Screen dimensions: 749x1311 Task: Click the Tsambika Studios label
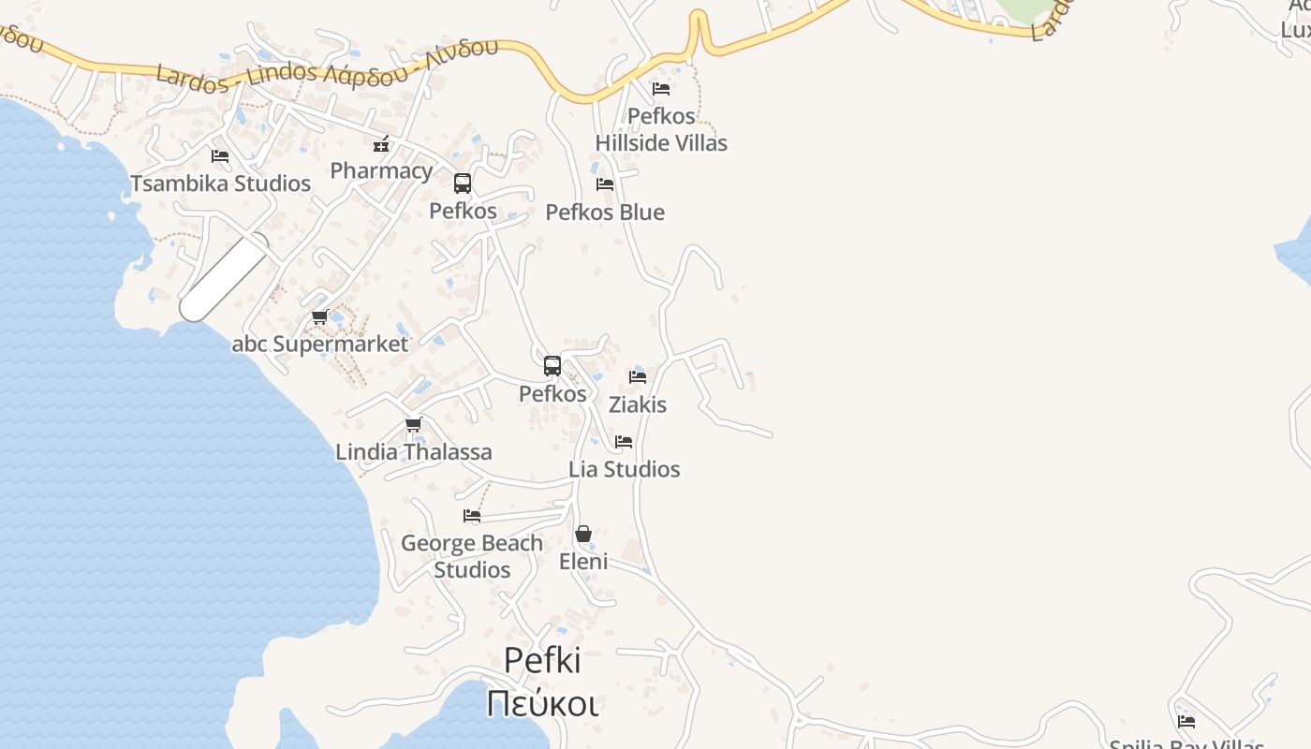220,184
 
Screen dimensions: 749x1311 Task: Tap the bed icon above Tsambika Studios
220,156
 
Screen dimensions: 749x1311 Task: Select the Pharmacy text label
381,171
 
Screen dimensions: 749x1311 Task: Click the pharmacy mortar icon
381,144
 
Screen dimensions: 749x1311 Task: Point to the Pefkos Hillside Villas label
661,129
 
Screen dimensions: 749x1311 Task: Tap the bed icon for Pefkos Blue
605,184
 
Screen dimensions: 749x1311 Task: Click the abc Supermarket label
320,345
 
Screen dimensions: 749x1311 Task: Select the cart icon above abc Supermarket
320,317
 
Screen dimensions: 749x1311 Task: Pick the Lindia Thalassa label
413,452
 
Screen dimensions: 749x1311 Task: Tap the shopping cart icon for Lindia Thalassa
413,425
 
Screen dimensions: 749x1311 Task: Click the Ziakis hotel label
638,404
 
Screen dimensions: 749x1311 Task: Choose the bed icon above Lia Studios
624,442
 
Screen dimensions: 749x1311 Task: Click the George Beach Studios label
472,556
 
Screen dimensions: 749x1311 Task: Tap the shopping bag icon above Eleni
583,534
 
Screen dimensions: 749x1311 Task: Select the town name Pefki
542,661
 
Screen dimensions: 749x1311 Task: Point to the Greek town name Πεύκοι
542,703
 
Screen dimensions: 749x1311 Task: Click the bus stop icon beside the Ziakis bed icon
552,366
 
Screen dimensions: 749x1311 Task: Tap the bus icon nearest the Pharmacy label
463,184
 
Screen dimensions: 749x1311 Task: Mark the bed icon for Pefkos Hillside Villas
661,89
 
